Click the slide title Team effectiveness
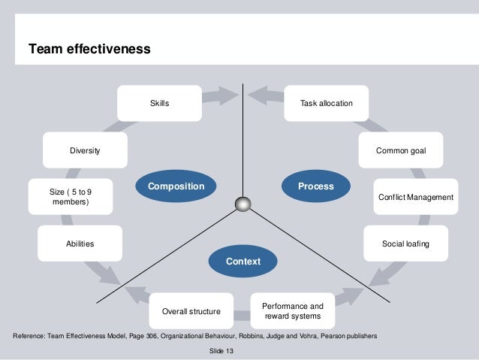[89, 50]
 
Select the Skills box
[159, 103]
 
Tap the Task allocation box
[326, 103]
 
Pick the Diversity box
[85, 151]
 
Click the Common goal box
[401, 151]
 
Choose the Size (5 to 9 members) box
[71, 197]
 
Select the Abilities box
[80, 244]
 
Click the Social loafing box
[405, 244]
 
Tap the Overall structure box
[191, 311]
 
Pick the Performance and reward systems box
[292, 311]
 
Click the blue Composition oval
[176, 186]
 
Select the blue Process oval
[315, 186]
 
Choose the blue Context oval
[243, 261]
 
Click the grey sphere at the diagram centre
[243, 204]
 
